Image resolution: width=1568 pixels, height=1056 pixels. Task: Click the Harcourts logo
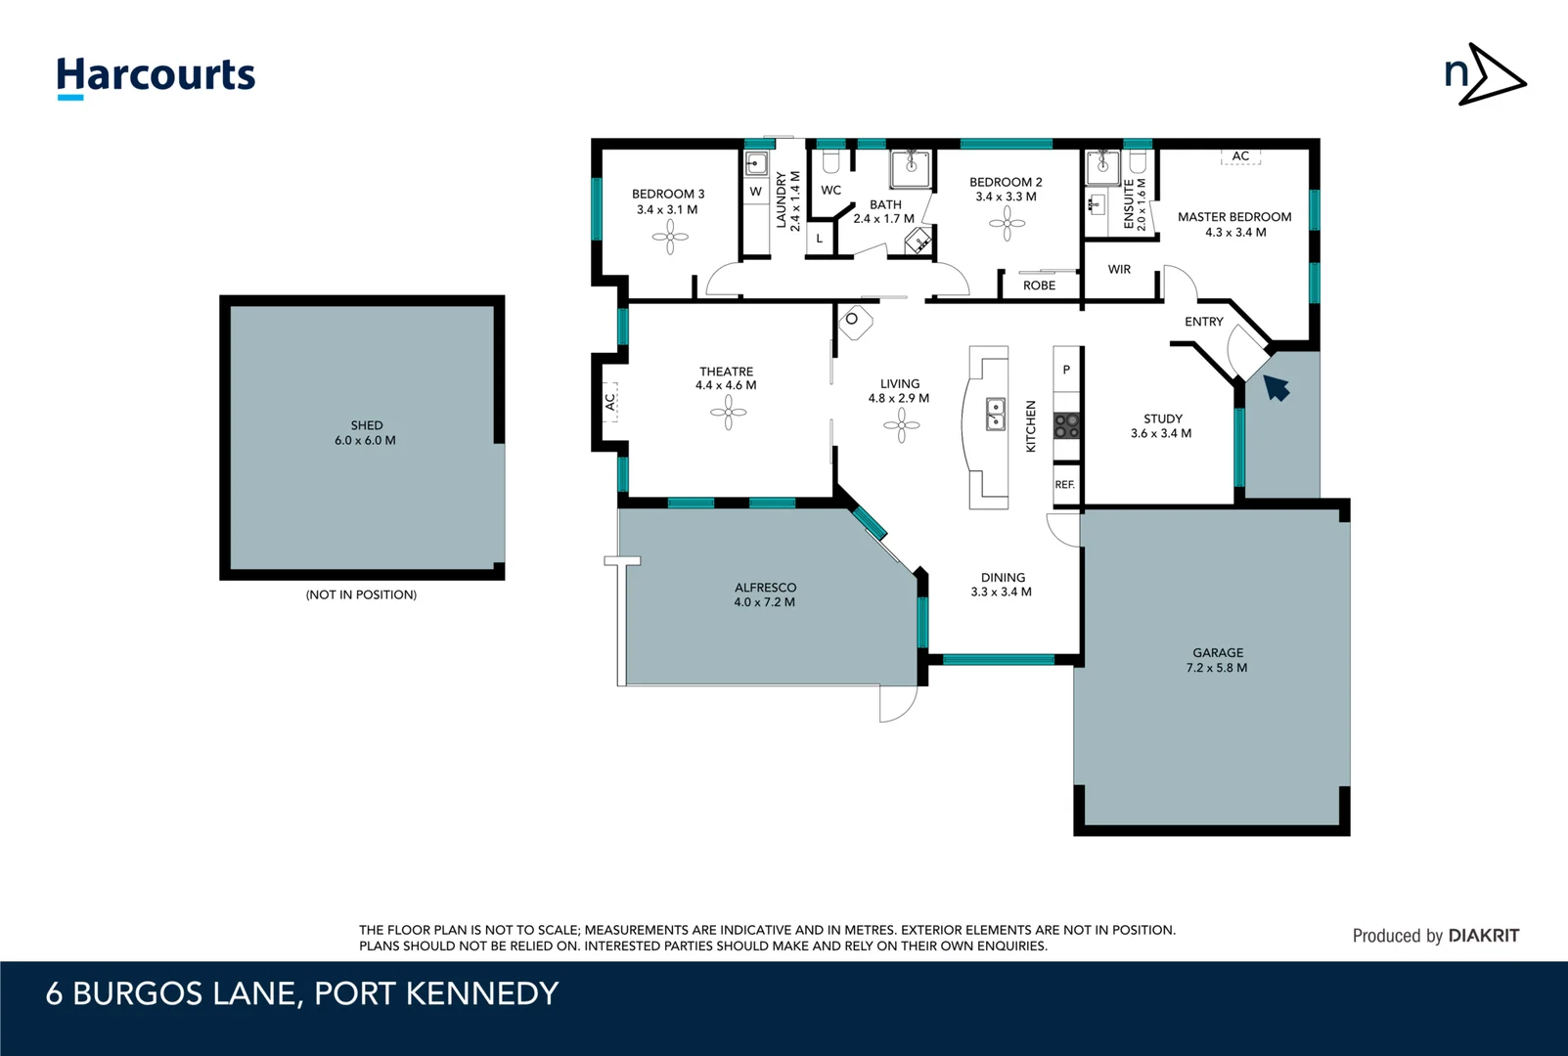pos(156,76)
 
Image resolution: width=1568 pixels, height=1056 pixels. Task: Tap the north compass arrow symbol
pos(1485,75)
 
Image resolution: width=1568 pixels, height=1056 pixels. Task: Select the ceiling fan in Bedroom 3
pos(670,237)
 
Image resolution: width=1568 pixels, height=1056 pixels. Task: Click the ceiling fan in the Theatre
pos(728,413)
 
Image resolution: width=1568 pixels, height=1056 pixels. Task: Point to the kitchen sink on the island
pos(995,415)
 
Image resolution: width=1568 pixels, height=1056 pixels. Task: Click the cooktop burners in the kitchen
pos(1066,425)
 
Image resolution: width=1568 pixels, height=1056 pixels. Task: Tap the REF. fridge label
pos(1064,485)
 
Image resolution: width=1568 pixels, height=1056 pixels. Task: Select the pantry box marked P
pos(1066,370)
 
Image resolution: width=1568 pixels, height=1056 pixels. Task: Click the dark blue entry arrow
pos(1276,387)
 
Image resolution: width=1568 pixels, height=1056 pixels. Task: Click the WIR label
pos(1119,270)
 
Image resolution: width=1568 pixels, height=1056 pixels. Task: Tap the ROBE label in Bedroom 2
pos(1039,286)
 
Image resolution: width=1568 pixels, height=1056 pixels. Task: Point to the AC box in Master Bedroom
pos(1240,156)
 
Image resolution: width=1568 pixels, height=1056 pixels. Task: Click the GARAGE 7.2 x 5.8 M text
pos(1217,660)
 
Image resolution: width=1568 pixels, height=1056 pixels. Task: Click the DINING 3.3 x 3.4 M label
pos(1002,585)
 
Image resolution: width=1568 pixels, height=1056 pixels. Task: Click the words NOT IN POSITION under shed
pos(361,594)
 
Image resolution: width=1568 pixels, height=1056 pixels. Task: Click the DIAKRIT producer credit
pos(1483,936)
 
